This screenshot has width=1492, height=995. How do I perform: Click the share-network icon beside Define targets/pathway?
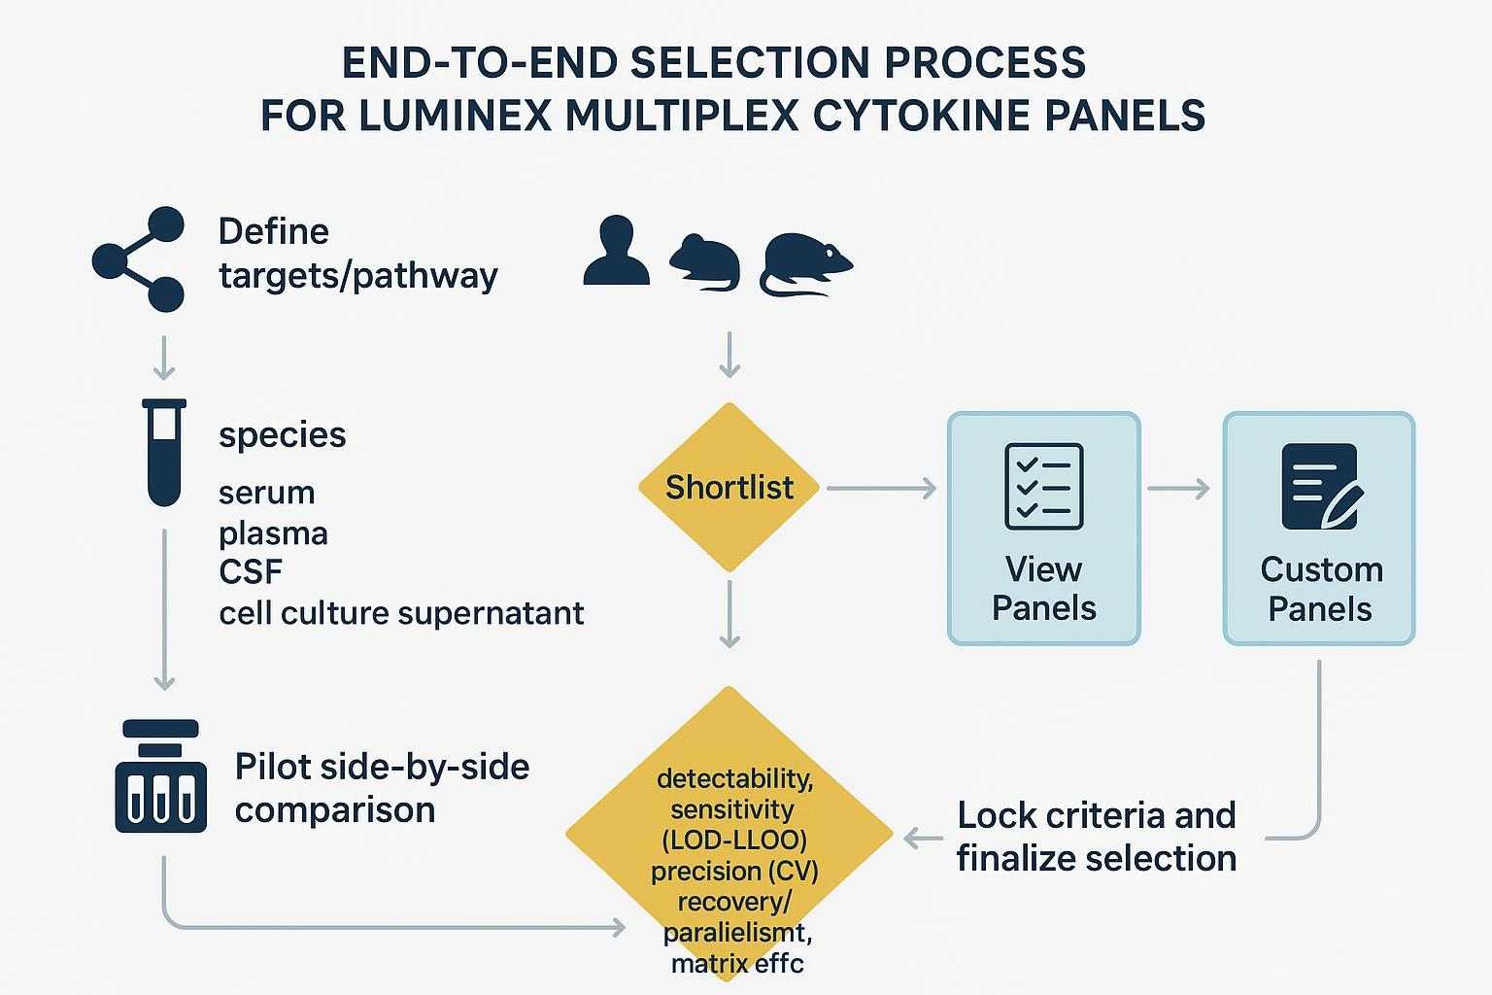click(x=139, y=259)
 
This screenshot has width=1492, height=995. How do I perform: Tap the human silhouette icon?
click(x=615, y=252)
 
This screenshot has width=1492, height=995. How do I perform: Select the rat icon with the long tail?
click(x=805, y=262)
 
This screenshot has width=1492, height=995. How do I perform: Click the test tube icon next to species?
click(x=164, y=453)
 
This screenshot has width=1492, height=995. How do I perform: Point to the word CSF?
click(x=251, y=571)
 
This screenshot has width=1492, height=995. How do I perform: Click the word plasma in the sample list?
click(x=273, y=532)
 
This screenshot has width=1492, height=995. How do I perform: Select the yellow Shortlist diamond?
click(x=729, y=487)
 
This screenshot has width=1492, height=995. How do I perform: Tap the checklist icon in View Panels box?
click(x=1043, y=486)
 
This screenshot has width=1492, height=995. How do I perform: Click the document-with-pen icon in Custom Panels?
click(x=1320, y=486)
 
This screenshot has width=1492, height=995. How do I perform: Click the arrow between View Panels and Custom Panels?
click(x=1179, y=488)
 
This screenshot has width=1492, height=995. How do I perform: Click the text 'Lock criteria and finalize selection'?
click(x=1096, y=836)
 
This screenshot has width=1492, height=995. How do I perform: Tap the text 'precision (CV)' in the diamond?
click(x=734, y=871)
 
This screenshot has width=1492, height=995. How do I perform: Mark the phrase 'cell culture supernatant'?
click(x=401, y=613)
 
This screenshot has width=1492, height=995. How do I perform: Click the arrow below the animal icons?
click(x=729, y=355)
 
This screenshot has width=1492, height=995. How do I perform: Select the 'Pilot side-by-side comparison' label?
click(x=382, y=787)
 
